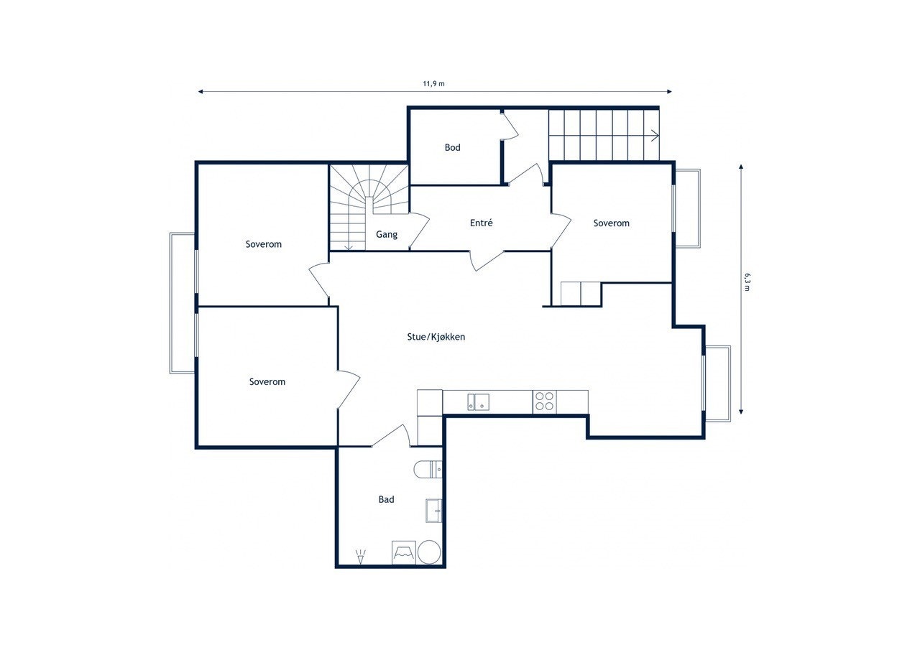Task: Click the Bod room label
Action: click(x=452, y=147)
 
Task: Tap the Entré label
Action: click(x=481, y=223)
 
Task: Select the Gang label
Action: click(x=387, y=234)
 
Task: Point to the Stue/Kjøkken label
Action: click(x=436, y=337)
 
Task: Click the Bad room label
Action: click(x=386, y=499)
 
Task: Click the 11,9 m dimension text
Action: click(x=433, y=84)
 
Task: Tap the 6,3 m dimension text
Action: click(x=747, y=282)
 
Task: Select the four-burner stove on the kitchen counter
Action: click(x=545, y=401)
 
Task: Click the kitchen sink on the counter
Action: click(x=478, y=402)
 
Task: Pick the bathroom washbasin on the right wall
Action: click(x=433, y=511)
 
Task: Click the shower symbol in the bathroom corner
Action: click(x=360, y=557)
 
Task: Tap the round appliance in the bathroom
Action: click(x=429, y=552)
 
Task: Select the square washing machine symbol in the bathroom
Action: click(x=404, y=552)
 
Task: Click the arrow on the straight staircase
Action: click(x=655, y=135)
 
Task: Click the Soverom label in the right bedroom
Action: click(x=611, y=223)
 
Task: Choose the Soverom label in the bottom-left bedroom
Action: click(x=267, y=381)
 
